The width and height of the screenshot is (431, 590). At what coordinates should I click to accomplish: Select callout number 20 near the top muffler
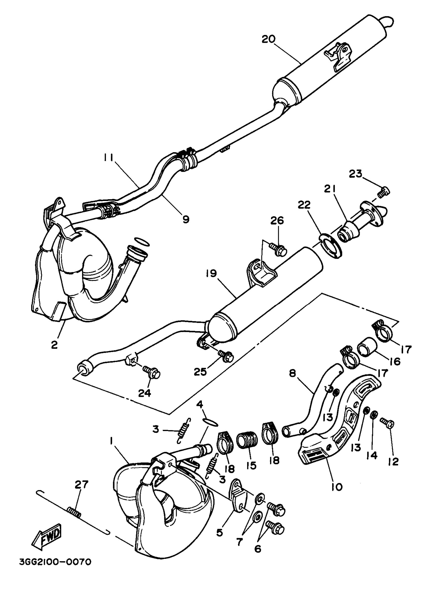(268, 39)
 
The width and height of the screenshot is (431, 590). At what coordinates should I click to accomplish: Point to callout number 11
(108, 158)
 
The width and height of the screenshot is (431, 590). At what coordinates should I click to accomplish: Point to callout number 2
(54, 345)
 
